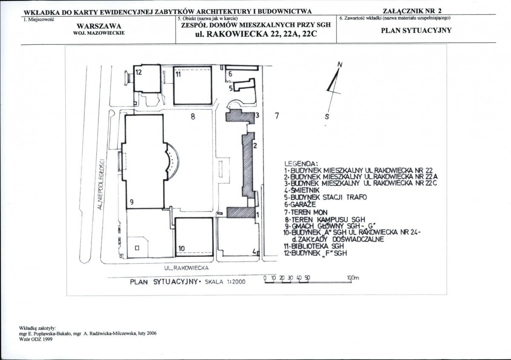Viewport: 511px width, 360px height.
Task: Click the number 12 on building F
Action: (x=139, y=73)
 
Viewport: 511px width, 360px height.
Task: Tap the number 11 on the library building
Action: (x=178, y=74)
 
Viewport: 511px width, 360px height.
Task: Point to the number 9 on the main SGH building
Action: (x=132, y=202)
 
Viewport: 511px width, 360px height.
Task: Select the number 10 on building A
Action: (x=182, y=249)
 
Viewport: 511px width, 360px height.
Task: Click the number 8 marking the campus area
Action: (x=193, y=116)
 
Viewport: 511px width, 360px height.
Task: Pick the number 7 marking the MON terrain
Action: (x=277, y=116)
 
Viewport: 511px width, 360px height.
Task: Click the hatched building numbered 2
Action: (x=248, y=165)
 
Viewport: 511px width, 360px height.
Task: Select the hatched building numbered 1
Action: (x=241, y=212)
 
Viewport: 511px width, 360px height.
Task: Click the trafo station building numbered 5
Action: (x=244, y=85)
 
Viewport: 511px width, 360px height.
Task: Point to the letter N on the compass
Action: (x=340, y=64)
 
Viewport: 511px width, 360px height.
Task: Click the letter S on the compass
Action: (x=327, y=117)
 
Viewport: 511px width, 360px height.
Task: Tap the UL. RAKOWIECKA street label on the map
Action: (x=186, y=268)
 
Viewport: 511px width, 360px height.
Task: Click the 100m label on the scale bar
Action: (x=353, y=278)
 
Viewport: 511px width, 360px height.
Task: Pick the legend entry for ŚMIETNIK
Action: (x=302, y=190)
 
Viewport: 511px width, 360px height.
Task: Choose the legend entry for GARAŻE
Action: (x=300, y=204)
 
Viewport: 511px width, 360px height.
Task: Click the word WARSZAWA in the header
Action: (x=99, y=26)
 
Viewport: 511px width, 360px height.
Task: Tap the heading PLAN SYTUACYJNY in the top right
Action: (x=416, y=31)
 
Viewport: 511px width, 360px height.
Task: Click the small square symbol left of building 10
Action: (x=137, y=248)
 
